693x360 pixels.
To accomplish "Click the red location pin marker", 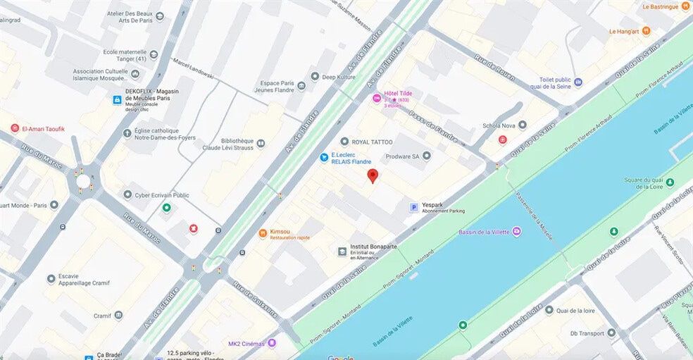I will [x=373, y=176].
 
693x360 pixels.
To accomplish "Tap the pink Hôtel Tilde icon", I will [x=377, y=97].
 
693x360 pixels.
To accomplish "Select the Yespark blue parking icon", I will [x=414, y=207].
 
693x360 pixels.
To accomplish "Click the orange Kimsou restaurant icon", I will [x=263, y=232].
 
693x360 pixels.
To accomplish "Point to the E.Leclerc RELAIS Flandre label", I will [x=351, y=158].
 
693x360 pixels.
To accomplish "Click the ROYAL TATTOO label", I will [x=372, y=142].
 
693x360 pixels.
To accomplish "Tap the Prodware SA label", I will [x=401, y=156].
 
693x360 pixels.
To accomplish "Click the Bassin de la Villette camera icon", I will [x=517, y=231].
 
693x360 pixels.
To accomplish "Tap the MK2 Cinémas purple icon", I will [x=272, y=343].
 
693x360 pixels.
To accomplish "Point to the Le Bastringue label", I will [x=665, y=7].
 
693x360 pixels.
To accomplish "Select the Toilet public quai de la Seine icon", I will [x=578, y=82].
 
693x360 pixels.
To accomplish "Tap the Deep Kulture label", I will [x=338, y=77].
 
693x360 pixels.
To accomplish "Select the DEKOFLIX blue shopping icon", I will [x=116, y=100].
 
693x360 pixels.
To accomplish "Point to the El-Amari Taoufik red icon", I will [x=14, y=128].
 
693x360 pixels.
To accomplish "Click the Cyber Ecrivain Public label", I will [x=161, y=195].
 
